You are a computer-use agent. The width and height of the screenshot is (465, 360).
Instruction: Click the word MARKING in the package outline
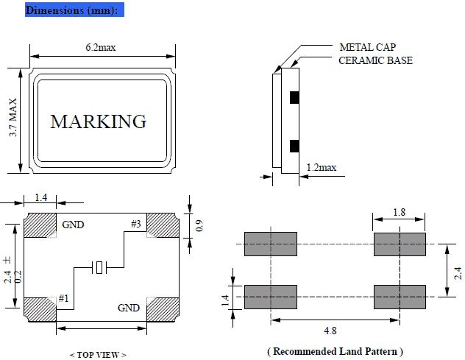98,121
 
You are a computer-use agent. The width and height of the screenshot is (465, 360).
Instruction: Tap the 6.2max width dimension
101,47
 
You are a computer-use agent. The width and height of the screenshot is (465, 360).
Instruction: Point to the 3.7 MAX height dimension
13,122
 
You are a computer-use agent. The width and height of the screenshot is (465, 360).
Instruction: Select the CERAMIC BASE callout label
375,60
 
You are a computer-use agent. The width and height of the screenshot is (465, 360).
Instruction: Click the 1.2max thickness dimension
321,168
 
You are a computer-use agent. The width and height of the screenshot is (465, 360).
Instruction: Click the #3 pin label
136,223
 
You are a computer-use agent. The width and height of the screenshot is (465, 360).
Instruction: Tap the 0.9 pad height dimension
199,226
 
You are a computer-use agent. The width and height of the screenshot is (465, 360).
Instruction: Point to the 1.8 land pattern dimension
400,211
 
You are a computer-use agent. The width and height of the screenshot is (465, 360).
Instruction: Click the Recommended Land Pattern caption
335,350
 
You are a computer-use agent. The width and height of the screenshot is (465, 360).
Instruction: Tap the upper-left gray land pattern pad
270,244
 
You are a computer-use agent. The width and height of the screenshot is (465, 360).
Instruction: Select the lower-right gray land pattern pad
400,296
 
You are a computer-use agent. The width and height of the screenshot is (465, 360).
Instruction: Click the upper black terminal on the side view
294,96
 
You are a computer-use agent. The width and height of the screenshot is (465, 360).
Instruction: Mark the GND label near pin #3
74,225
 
